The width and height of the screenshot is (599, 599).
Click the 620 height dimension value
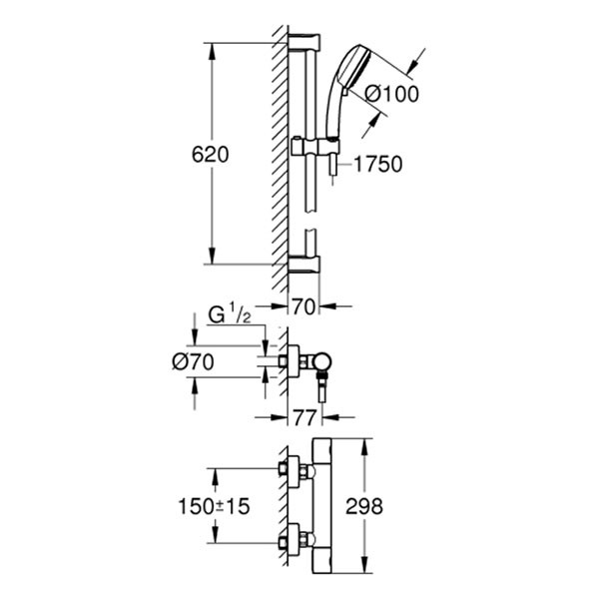pyautogui.click(x=211, y=155)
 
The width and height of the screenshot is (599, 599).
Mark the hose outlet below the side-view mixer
pyautogui.click(x=324, y=382)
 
